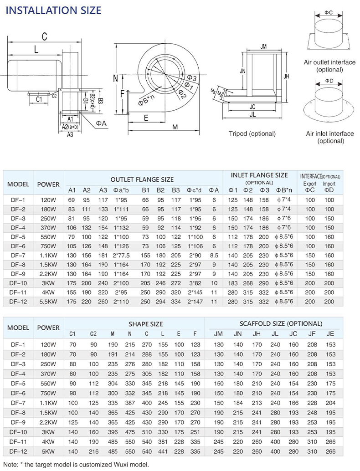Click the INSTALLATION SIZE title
(x=53, y=10)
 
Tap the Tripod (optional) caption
(x=252, y=134)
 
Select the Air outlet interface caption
(x=329, y=66)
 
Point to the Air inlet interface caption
(x=329, y=137)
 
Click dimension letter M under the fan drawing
(x=175, y=128)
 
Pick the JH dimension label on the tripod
(x=286, y=77)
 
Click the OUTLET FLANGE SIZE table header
(x=142, y=179)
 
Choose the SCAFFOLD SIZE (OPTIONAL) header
(x=281, y=323)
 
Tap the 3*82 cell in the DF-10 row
(x=195, y=283)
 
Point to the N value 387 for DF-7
(x=130, y=403)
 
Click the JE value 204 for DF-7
(x=330, y=403)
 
